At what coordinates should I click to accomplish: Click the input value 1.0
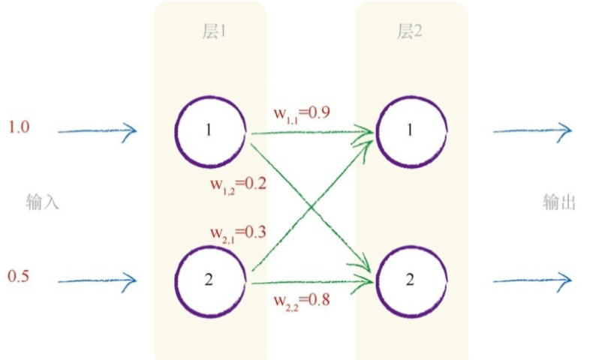(19, 127)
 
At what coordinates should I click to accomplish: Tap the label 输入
(42, 202)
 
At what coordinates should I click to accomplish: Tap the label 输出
(559, 202)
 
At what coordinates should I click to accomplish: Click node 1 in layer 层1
(209, 131)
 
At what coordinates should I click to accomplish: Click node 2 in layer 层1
(209, 280)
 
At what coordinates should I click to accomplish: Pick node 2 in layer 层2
(411, 280)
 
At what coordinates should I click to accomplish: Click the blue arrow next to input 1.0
(98, 131)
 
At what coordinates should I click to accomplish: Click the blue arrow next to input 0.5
(98, 281)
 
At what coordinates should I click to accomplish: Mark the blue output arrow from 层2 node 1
(533, 131)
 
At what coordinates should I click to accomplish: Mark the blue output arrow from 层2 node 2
(533, 281)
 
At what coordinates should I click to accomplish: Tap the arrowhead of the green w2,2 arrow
(366, 282)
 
